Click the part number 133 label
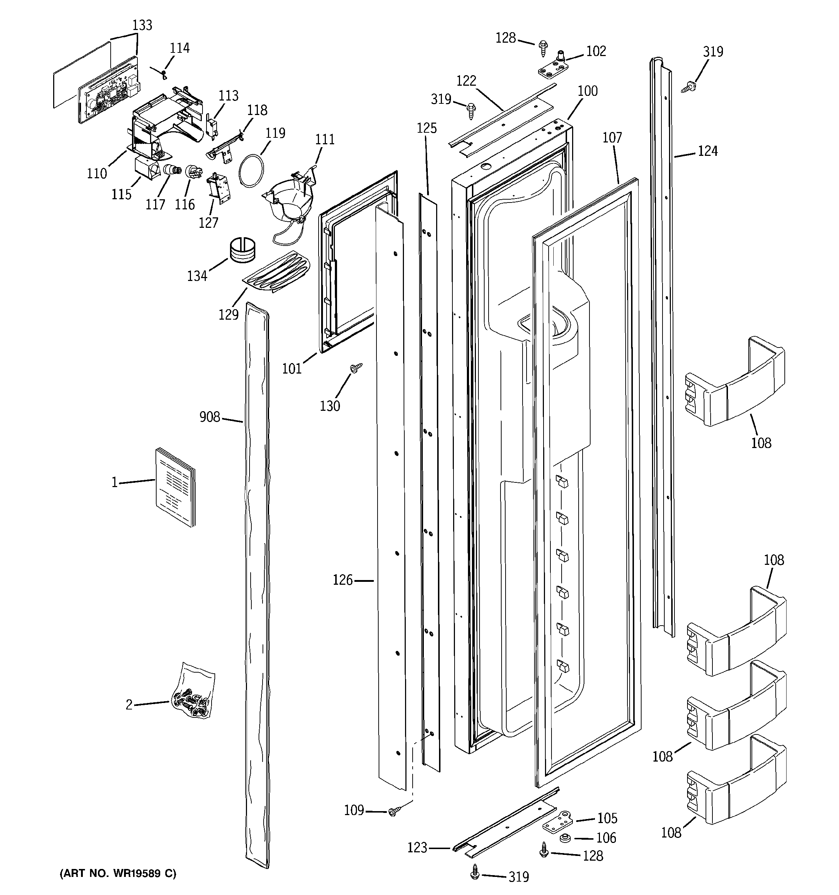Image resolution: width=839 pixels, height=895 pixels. (142, 25)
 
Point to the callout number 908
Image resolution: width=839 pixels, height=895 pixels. (209, 417)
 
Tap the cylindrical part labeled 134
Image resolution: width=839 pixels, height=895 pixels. (243, 250)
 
